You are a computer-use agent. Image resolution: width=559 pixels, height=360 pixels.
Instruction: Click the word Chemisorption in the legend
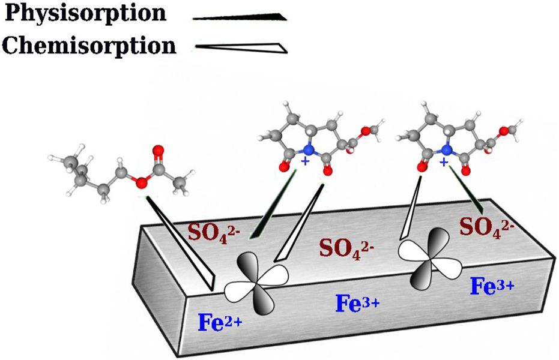coord(89,45)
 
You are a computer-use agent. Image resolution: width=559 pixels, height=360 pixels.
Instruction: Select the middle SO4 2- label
coord(346,246)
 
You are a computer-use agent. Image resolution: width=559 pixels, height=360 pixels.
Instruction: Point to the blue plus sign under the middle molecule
coord(306,163)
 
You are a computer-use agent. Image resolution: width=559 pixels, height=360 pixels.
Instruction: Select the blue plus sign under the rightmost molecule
coord(444,163)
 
